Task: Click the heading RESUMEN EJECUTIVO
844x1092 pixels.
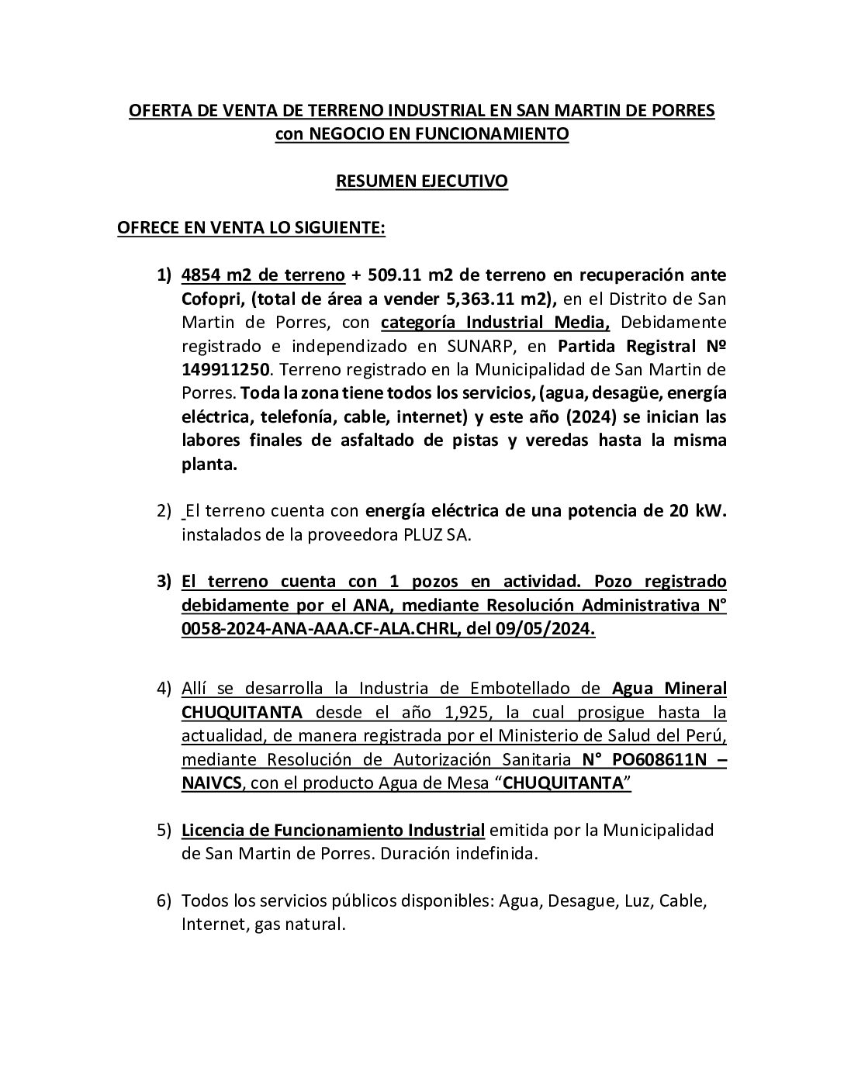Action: [x=421, y=181]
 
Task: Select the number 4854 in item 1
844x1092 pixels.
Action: [x=200, y=275]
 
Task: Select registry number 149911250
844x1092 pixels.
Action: [x=225, y=369]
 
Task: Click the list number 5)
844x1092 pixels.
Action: [x=164, y=831]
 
